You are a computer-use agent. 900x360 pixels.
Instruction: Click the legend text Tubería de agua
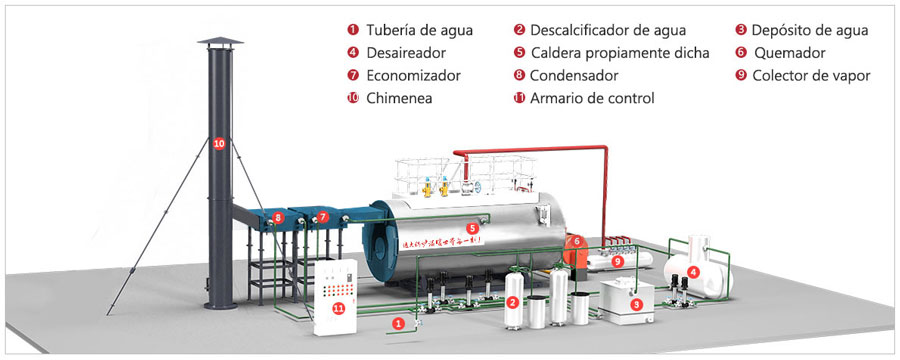click(406, 30)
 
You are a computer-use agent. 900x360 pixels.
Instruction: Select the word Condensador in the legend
click(573, 75)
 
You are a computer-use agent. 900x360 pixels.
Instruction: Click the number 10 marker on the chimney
click(219, 143)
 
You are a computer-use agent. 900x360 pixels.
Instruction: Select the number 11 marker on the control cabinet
click(338, 308)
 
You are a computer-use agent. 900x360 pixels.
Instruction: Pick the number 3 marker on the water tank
click(636, 303)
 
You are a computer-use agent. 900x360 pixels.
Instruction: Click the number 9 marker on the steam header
click(617, 261)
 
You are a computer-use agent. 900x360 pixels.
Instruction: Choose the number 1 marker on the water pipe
click(399, 323)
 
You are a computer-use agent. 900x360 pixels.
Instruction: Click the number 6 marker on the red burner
click(576, 241)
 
